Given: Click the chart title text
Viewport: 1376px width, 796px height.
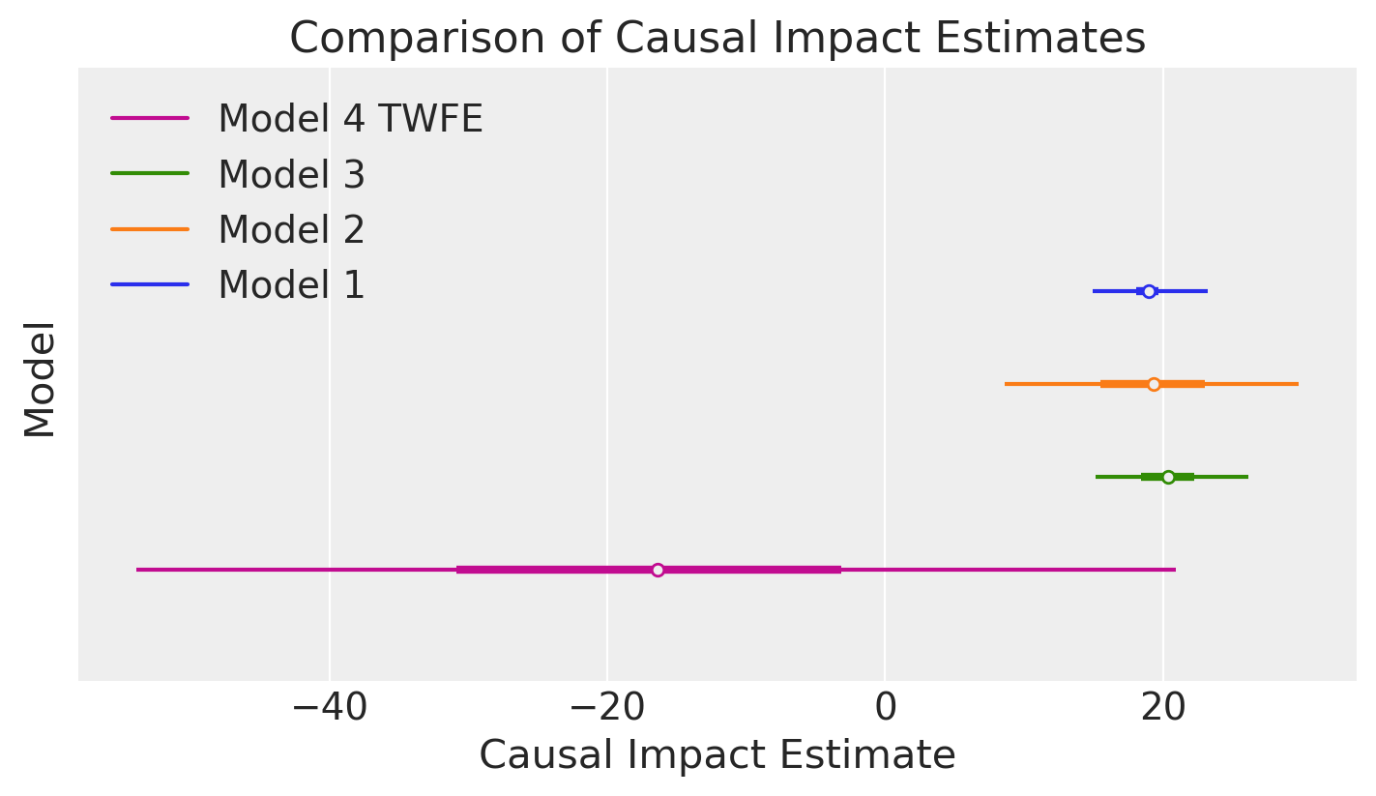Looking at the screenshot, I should [x=717, y=39].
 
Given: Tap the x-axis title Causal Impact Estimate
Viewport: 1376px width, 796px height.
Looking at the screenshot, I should [x=717, y=755].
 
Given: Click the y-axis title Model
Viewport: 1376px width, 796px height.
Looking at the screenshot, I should [x=40, y=380].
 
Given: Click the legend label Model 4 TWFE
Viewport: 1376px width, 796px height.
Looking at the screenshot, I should [x=350, y=119].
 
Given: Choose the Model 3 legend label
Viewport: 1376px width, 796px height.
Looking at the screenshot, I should [x=291, y=175].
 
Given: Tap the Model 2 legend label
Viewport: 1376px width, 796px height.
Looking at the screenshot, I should [x=291, y=230].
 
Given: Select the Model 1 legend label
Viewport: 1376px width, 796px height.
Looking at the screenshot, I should [x=291, y=285].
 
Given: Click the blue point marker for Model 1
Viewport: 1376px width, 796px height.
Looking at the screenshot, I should [x=1149, y=291].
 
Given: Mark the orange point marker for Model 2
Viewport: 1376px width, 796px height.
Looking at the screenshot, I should [x=1154, y=384].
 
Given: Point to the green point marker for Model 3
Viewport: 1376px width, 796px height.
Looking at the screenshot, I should [x=1168, y=477].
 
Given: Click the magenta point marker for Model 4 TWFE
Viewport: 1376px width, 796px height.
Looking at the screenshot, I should [x=658, y=570].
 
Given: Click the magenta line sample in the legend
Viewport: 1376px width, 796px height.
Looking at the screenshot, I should [x=150, y=119].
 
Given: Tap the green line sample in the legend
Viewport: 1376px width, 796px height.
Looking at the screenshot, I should [x=150, y=174].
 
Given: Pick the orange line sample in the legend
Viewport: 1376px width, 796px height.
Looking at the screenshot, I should [x=150, y=229].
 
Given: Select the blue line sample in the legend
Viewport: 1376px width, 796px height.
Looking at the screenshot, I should [x=150, y=284].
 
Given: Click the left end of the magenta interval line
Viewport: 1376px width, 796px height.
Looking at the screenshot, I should [x=138, y=570].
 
